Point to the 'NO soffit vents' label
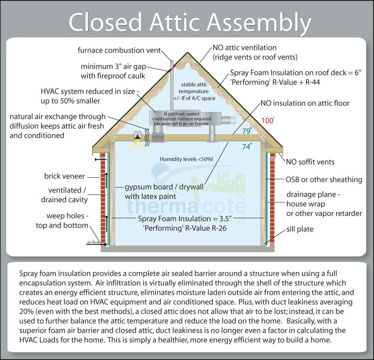[x=310, y=162]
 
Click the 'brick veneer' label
[x=64, y=176]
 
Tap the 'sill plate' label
[x=301, y=229]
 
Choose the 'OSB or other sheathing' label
[x=324, y=179]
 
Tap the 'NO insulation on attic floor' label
[x=305, y=103]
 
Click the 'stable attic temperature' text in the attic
[x=191, y=91]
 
